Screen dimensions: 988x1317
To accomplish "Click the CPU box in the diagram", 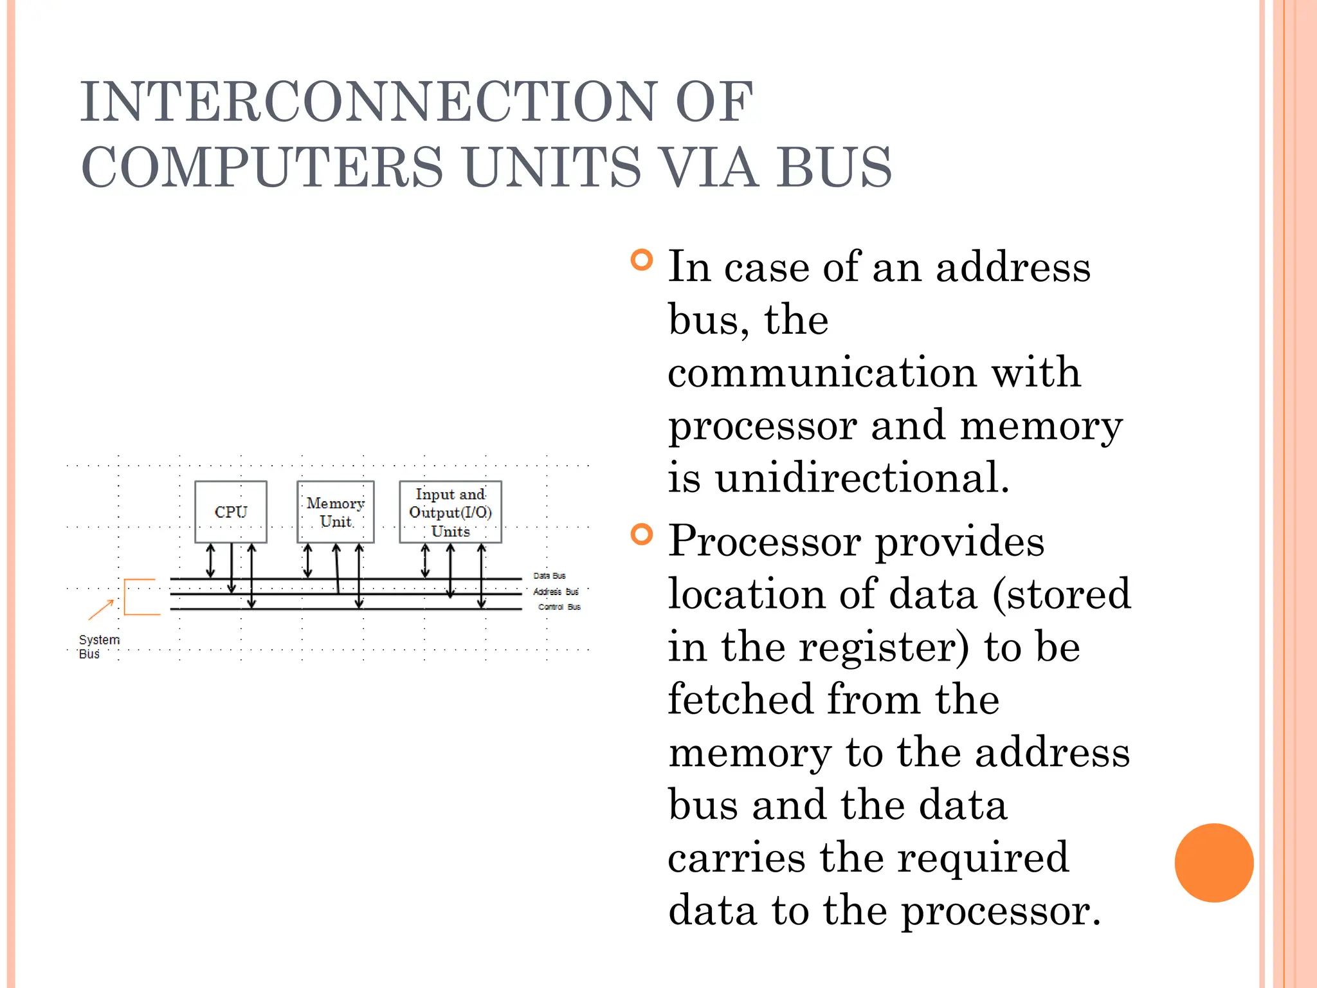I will pyautogui.click(x=230, y=512).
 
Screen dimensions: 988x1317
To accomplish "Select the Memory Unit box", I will pyautogui.click(x=335, y=512).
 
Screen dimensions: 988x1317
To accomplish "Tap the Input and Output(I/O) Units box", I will pyautogui.click(x=450, y=512).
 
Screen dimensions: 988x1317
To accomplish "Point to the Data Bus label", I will pyautogui.click(x=549, y=576).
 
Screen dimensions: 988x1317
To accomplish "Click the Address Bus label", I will pyautogui.click(x=556, y=592).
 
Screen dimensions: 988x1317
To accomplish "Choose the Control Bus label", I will pyautogui.click(x=559, y=607).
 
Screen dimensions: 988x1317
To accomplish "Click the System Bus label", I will pyautogui.click(x=98, y=646).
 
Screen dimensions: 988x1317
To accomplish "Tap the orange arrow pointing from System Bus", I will pyautogui.click(x=101, y=610).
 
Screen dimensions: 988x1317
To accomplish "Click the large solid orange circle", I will pyautogui.click(x=1213, y=863).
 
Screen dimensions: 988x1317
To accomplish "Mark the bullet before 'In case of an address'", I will pyautogui.click(x=642, y=261).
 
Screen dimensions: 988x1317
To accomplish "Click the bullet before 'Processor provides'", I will pyautogui.click(x=642, y=535).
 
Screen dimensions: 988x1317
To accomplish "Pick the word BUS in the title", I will pyautogui.click(x=834, y=167).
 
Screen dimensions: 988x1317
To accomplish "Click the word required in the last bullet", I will pyautogui.click(x=983, y=857).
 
